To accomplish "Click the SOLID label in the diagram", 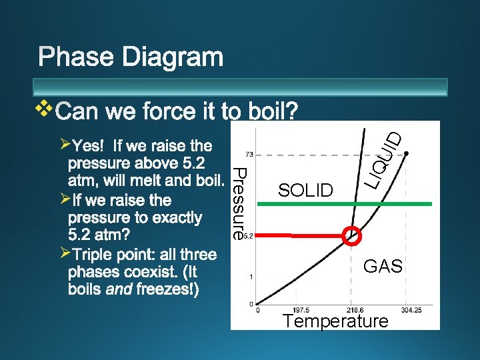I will pos(305,191).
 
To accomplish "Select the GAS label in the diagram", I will pos(383,267).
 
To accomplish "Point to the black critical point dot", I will pos(406,153).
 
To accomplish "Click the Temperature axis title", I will pos(335,321).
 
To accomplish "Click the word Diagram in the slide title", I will pos(175,57).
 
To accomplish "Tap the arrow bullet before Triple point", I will pos(64,253).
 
